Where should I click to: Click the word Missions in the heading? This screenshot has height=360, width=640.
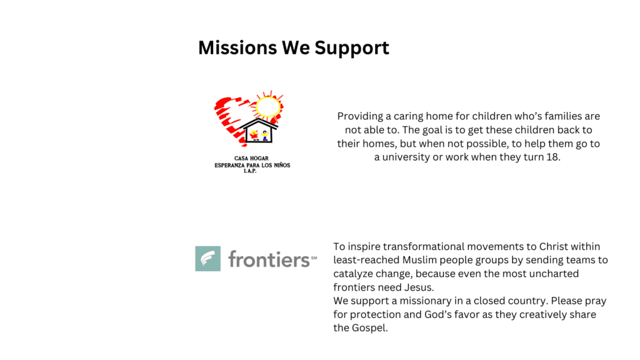(237, 47)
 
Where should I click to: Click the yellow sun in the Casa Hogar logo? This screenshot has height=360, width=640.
(268, 106)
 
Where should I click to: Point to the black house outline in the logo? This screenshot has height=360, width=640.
(258, 131)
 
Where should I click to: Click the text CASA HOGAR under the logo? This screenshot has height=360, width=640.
(251, 158)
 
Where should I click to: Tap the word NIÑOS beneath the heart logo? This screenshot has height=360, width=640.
(281, 165)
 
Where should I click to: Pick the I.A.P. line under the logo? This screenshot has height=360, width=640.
(250, 171)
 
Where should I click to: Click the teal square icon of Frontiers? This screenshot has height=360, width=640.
(207, 258)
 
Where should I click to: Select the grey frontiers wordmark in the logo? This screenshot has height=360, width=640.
(269, 259)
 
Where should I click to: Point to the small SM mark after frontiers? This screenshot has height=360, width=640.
(314, 257)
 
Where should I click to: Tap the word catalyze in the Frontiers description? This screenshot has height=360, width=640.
(352, 274)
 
